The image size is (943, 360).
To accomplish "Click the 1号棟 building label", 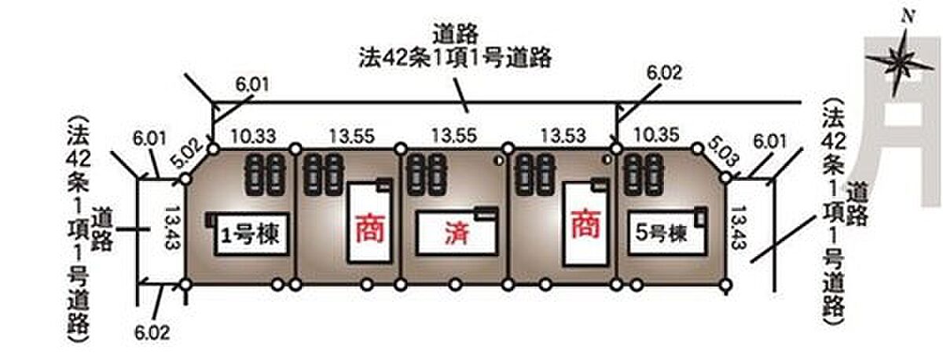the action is [251, 234].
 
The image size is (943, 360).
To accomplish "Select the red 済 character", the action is [457, 233].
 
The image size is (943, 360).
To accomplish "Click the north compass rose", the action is [901, 62].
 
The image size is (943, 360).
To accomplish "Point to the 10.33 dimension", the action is [253, 136].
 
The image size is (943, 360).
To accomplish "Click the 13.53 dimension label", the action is [563, 135].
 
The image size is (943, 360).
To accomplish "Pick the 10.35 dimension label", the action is [657, 134].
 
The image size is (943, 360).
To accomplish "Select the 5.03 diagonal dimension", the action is [723, 152].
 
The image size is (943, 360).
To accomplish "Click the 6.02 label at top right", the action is [664, 73].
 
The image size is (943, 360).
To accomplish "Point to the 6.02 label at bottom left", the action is [152, 333].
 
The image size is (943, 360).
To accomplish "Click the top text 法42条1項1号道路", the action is [455, 57].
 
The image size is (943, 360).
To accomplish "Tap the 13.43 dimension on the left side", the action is [172, 227].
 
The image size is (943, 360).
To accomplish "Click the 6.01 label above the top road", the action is [252, 84].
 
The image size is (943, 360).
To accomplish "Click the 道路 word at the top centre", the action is [456, 35].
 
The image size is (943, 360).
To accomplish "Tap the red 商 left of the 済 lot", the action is [370, 229].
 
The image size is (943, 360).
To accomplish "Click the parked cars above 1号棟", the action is [266, 174].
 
